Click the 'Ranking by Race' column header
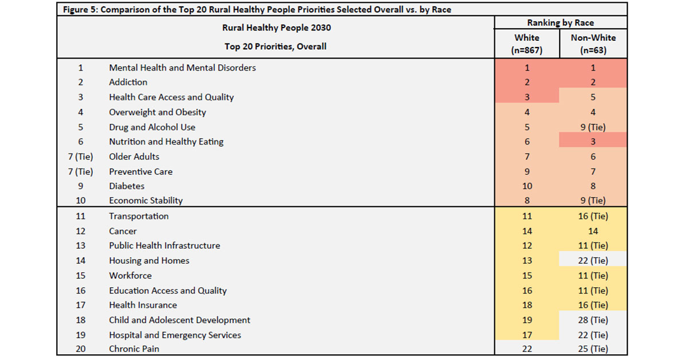[x=561, y=23]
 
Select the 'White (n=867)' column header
[x=527, y=44]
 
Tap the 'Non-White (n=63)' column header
[x=593, y=44]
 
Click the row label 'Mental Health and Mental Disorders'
[x=182, y=68]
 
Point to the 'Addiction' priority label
[x=128, y=83]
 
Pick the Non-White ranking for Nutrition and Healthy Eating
[x=593, y=142]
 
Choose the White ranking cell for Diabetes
[x=527, y=186]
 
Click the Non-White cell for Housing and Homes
[x=593, y=261]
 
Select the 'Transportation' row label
[x=139, y=217]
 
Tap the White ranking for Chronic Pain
[x=527, y=349]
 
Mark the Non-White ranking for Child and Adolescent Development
[x=593, y=320]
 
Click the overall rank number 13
[x=80, y=246]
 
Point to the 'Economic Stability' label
[x=146, y=201]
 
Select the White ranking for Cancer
[x=527, y=232]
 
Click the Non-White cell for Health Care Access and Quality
[x=593, y=97]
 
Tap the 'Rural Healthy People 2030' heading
[x=276, y=28]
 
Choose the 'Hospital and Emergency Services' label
[x=175, y=335]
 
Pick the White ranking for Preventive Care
[x=527, y=171]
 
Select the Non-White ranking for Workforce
[x=593, y=276]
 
